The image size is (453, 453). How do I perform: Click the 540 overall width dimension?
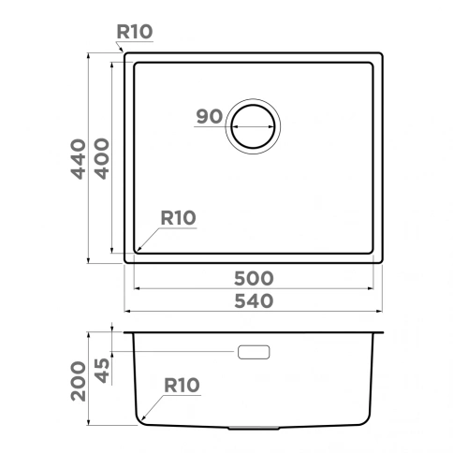pos(254,301)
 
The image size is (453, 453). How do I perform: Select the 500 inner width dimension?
pos(254,278)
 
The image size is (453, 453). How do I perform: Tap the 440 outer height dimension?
pos(78,159)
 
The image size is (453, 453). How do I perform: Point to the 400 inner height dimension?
pos(102,159)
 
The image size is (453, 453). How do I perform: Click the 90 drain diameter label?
pos(210,117)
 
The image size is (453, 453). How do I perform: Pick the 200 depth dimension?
pos(79,381)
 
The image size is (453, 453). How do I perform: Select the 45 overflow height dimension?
pos(102,371)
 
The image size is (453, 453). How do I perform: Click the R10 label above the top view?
pos(135,32)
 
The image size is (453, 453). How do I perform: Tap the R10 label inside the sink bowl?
pos(178,217)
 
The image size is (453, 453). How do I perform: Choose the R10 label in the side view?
pos(182,385)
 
